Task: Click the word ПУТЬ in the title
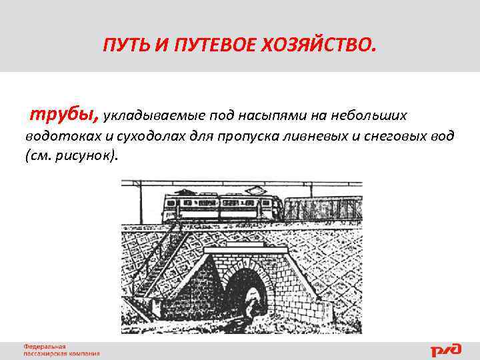[123, 45]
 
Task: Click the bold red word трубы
[63, 114]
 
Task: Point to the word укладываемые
[147, 116]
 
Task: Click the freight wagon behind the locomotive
[323, 208]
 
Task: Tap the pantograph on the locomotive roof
[193, 191]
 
